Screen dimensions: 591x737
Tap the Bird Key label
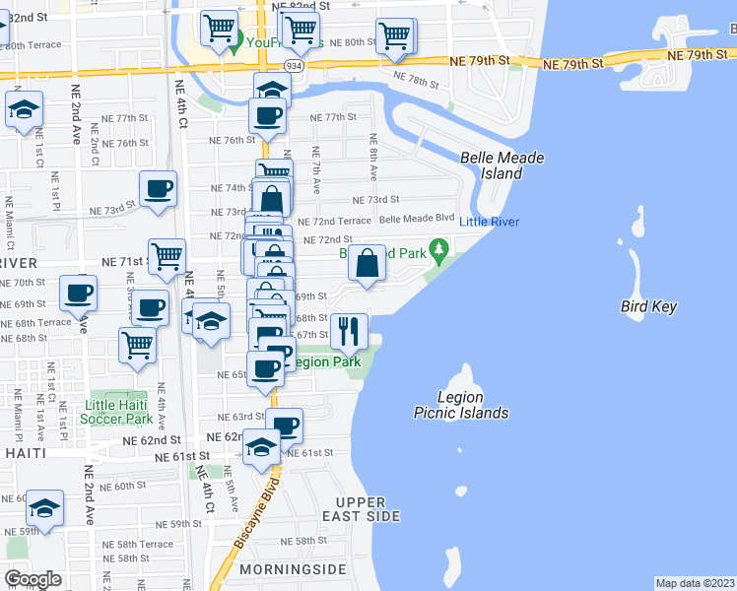648,306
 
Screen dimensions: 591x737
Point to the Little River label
490,222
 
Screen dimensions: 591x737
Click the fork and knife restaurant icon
346,330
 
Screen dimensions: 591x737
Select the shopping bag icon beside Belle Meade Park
367,263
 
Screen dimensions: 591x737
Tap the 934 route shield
295,65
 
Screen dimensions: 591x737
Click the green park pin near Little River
439,250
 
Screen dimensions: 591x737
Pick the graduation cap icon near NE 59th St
44,508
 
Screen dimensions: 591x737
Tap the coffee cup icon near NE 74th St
158,188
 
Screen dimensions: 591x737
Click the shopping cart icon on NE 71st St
167,256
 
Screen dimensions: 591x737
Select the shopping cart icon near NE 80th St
395,35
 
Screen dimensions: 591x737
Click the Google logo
33,578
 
